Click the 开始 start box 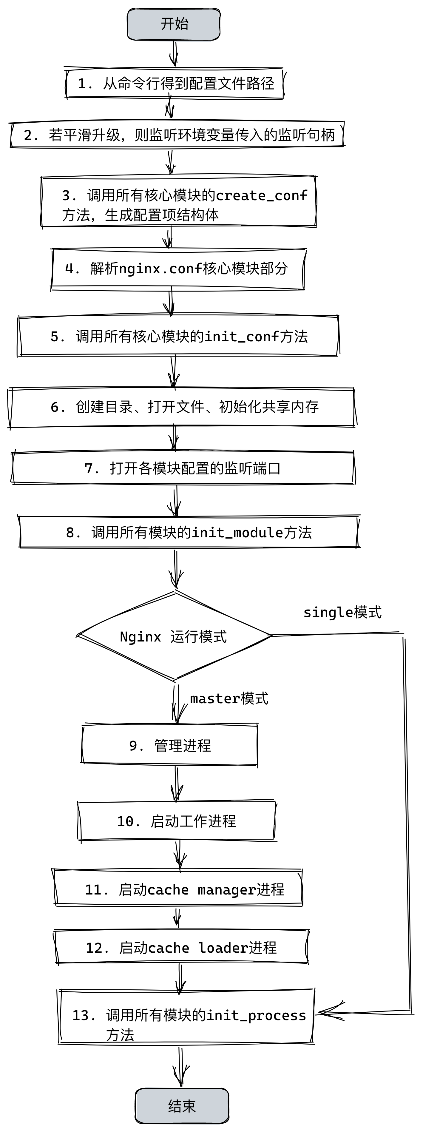coord(174,24)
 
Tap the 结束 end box coord(182,1106)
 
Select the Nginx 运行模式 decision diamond coord(174,636)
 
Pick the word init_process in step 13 coord(256,1016)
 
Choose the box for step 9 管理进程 coord(169,745)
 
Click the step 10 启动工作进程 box coord(177,821)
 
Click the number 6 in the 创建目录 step coord(55,407)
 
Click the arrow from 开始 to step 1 coord(175,54)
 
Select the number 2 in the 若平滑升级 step coord(28,135)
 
